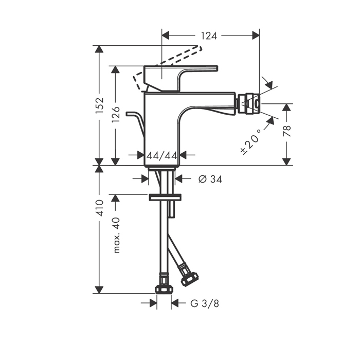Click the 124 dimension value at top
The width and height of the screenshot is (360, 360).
click(209, 35)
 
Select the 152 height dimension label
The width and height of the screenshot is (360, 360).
click(100, 105)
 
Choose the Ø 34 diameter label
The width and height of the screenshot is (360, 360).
click(210, 178)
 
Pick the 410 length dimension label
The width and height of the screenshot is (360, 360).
click(100, 208)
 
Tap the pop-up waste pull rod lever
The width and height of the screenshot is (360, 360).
click(134, 117)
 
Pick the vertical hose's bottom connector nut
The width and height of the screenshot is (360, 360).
click(163, 287)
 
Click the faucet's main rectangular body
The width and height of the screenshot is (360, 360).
click(162, 129)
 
